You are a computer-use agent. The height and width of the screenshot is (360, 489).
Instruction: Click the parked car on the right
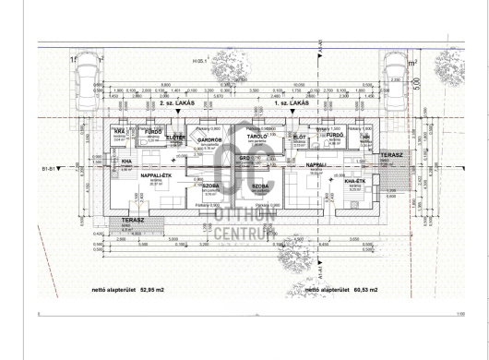(397, 76)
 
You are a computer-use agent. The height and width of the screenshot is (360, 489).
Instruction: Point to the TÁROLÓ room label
(257, 137)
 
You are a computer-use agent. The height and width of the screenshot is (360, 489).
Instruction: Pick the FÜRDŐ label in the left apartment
(146, 133)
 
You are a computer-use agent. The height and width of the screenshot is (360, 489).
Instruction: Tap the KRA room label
(119, 133)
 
